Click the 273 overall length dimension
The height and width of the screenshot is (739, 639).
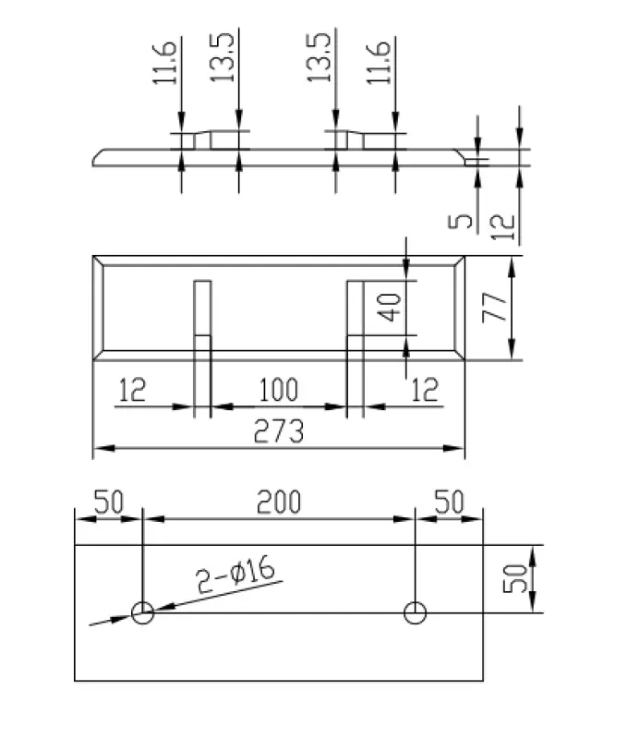(x=277, y=431)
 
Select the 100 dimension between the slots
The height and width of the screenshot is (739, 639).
(x=278, y=390)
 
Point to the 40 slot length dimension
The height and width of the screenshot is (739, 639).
(x=392, y=307)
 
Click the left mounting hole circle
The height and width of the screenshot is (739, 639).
(x=142, y=612)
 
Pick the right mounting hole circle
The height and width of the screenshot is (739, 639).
(x=416, y=612)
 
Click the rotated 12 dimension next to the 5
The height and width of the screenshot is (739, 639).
(x=501, y=224)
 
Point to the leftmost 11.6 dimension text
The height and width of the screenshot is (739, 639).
(x=165, y=62)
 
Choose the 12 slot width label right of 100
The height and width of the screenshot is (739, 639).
(x=424, y=390)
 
